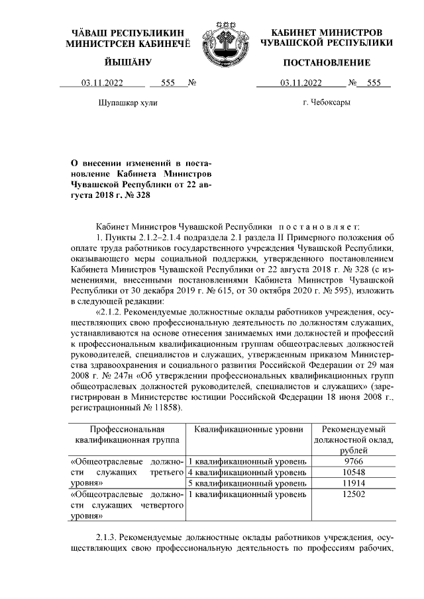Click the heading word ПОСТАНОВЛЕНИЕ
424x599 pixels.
[x=327, y=63]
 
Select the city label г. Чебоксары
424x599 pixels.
[x=327, y=103]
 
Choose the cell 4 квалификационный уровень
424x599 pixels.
[x=246, y=472]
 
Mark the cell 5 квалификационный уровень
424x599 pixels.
[x=246, y=483]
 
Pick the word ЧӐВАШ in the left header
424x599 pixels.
[x=90, y=32]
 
